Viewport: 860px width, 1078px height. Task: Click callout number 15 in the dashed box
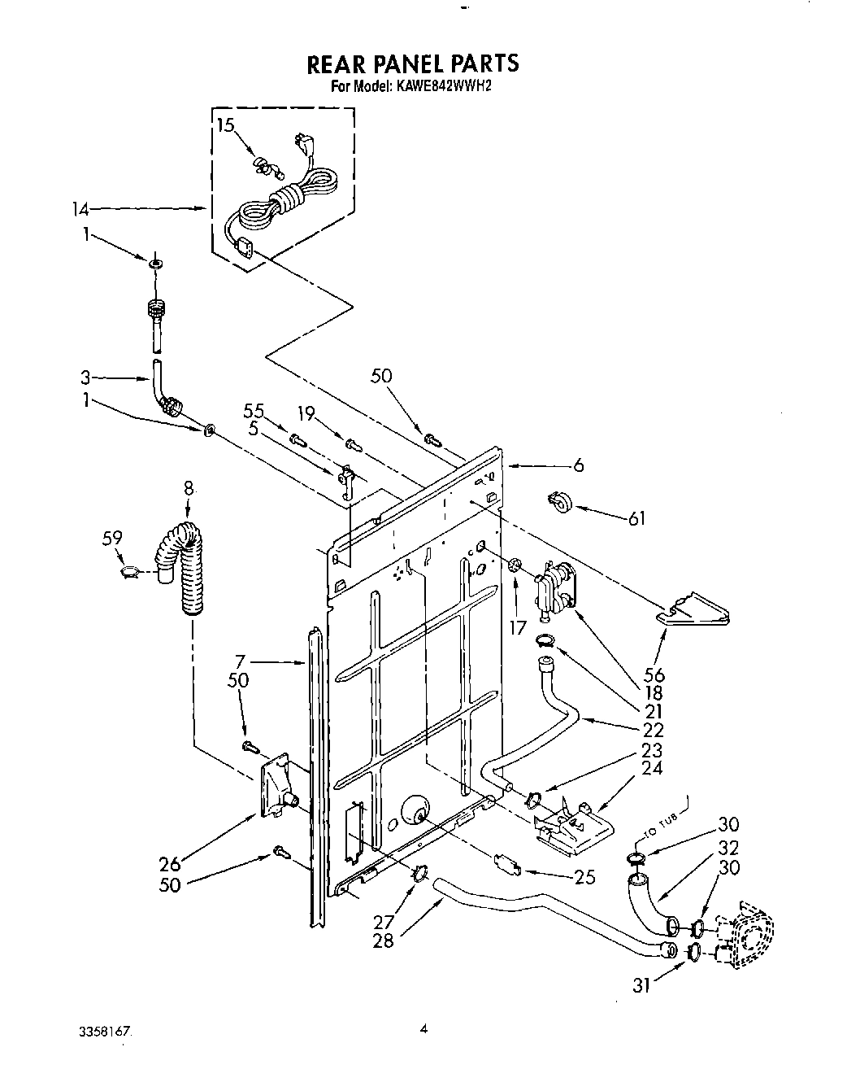pyautogui.click(x=225, y=125)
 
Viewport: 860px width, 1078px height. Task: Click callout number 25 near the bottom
pyautogui.click(x=584, y=877)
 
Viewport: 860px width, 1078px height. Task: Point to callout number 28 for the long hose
pyautogui.click(x=384, y=940)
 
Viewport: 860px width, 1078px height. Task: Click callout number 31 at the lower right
pyautogui.click(x=643, y=986)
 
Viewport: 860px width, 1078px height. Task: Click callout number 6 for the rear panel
pyautogui.click(x=578, y=466)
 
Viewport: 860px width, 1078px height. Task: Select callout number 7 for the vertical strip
pyautogui.click(x=240, y=662)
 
